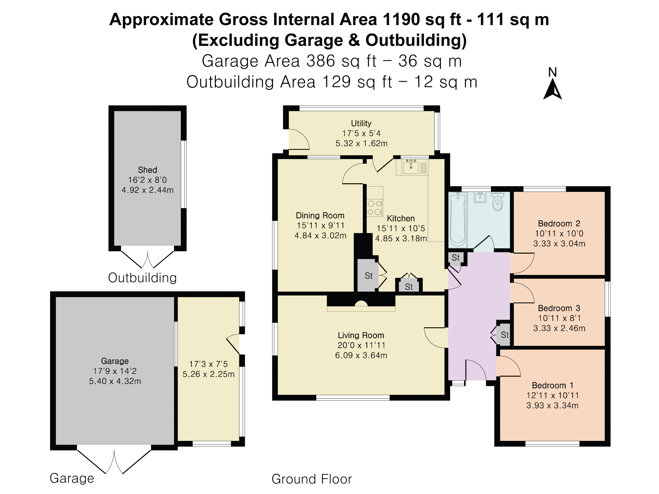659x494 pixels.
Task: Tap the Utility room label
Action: (x=361, y=123)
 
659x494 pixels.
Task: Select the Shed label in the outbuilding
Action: (x=147, y=170)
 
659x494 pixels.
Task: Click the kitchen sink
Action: (x=411, y=167)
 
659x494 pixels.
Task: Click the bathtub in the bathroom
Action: (x=457, y=220)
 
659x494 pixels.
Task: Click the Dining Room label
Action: (x=320, y=215)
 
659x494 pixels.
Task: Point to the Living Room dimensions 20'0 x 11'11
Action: (x=361, y=345)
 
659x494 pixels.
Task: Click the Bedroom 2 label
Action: (x=559, y=223)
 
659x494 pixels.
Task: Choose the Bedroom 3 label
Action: (x=559, y=308)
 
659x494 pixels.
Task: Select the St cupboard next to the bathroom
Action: (x=456, y=258)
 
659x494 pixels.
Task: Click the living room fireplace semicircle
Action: (x=361, y=303)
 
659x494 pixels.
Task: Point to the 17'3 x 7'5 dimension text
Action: (x=208, y=364)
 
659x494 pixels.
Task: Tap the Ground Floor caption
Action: (x=312, y=479)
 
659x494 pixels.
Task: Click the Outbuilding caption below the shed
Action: (x=142, y=278)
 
